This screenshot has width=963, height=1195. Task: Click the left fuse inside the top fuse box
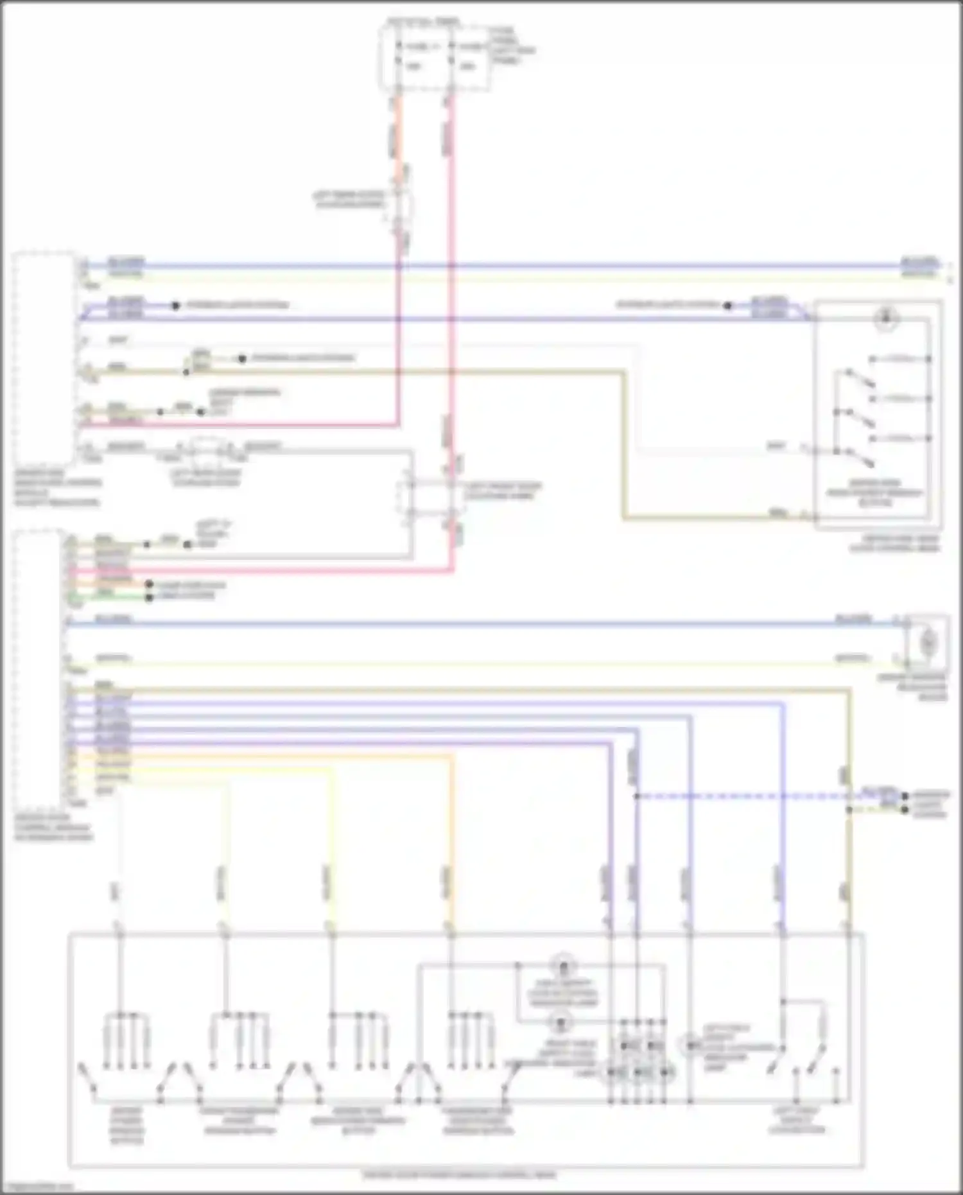[x=415, y=56]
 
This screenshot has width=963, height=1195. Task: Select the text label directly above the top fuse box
[x=424, y=21]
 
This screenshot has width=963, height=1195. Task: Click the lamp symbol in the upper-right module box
[x=886, y=318]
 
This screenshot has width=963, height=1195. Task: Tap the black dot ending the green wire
[x=149, y=597]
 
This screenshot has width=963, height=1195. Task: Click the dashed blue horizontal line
[x=738, y=796]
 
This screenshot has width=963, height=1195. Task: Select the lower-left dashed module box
[x=39, y=668]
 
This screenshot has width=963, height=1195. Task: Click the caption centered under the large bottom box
[x=459, y=1176]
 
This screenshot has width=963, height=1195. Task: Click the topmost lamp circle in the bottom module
[x=563, y=965]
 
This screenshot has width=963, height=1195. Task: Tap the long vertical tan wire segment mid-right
[x=623, y=443]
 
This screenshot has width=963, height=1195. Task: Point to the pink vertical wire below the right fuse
[x=451, y=257]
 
